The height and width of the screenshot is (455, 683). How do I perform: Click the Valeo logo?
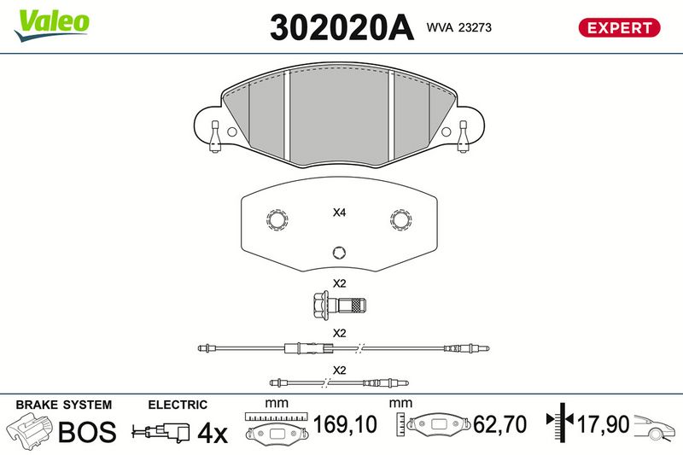(52, 25)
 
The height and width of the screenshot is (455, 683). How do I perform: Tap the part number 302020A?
(342, 28)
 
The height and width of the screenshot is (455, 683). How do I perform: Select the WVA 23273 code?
(459, 27)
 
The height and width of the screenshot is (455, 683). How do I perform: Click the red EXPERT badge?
(619, 28)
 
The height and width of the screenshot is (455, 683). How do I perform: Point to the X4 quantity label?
(339, 213)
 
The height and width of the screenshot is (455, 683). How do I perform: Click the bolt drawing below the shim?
(339, 305)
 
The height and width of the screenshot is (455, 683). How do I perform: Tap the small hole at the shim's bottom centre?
(339, 253)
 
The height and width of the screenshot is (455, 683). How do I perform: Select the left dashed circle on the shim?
(277, 220)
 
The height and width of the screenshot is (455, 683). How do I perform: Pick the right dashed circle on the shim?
(400, 219)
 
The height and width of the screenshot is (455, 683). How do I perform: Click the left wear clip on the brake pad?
(215, 137)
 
